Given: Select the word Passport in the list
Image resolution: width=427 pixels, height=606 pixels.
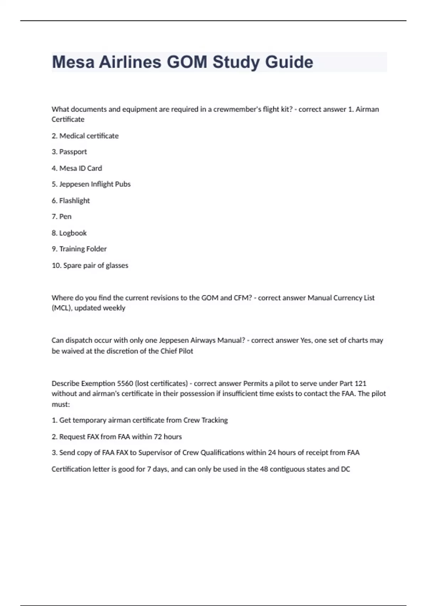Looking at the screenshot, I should coord(73,152).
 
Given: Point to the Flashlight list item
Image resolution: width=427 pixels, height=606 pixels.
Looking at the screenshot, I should coord(74,201).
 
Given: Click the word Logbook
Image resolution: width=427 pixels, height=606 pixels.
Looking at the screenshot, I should coord(73,233).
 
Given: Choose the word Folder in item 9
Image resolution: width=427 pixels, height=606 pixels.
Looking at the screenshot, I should coord(97,249).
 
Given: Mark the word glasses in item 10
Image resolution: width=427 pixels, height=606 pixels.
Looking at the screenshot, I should coord(117,266).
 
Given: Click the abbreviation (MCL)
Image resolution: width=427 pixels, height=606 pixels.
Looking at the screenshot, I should coord(61,308).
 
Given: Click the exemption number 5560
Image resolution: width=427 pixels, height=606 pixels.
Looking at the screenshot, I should coord(125,384).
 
